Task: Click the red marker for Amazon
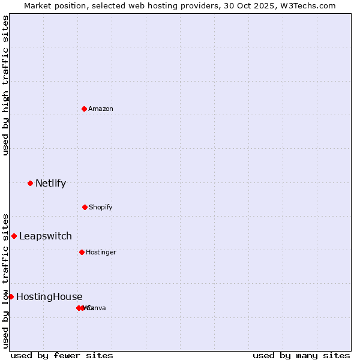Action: tap(84, 109)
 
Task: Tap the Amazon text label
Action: tap(101, 109)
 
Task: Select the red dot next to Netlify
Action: tap(30, 183)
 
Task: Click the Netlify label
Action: tap(50, 183)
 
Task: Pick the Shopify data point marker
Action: tap(85, 207)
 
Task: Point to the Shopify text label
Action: tap(101, 207)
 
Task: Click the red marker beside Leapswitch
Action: tap(14, 236)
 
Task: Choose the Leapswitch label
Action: tap(45, 236)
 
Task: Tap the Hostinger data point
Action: tap(82, 252)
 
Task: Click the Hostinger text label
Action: tap(101, 252)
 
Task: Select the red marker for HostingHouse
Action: tap(11, 296)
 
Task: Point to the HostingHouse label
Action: tap(49, 296)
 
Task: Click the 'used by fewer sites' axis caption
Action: tap(62, 355)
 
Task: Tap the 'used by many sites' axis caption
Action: tap(301, 355)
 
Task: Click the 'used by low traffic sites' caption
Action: tap(6, 280)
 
